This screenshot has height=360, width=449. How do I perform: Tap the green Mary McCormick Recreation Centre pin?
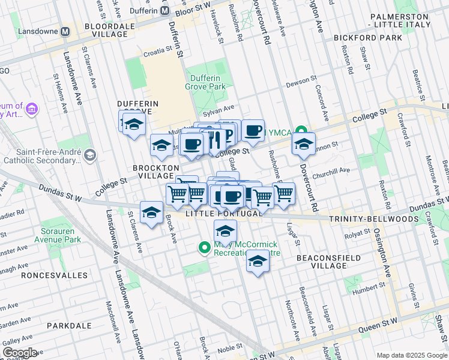(x=204, y=247)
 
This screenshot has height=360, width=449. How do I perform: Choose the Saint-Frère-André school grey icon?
(x=89, y=156)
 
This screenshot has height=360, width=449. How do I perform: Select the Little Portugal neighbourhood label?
(x=223, y=214)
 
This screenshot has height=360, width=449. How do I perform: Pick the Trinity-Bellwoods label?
(x=373, y=219)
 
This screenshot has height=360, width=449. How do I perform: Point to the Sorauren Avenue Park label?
(x=44, y=235)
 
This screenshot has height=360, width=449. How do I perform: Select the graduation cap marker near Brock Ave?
(x=151, y=212)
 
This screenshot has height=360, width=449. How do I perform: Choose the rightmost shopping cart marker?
(x=283, y=193)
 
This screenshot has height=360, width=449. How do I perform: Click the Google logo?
(x=20, y=352)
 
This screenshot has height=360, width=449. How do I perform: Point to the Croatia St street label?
(x=157, y=53)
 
